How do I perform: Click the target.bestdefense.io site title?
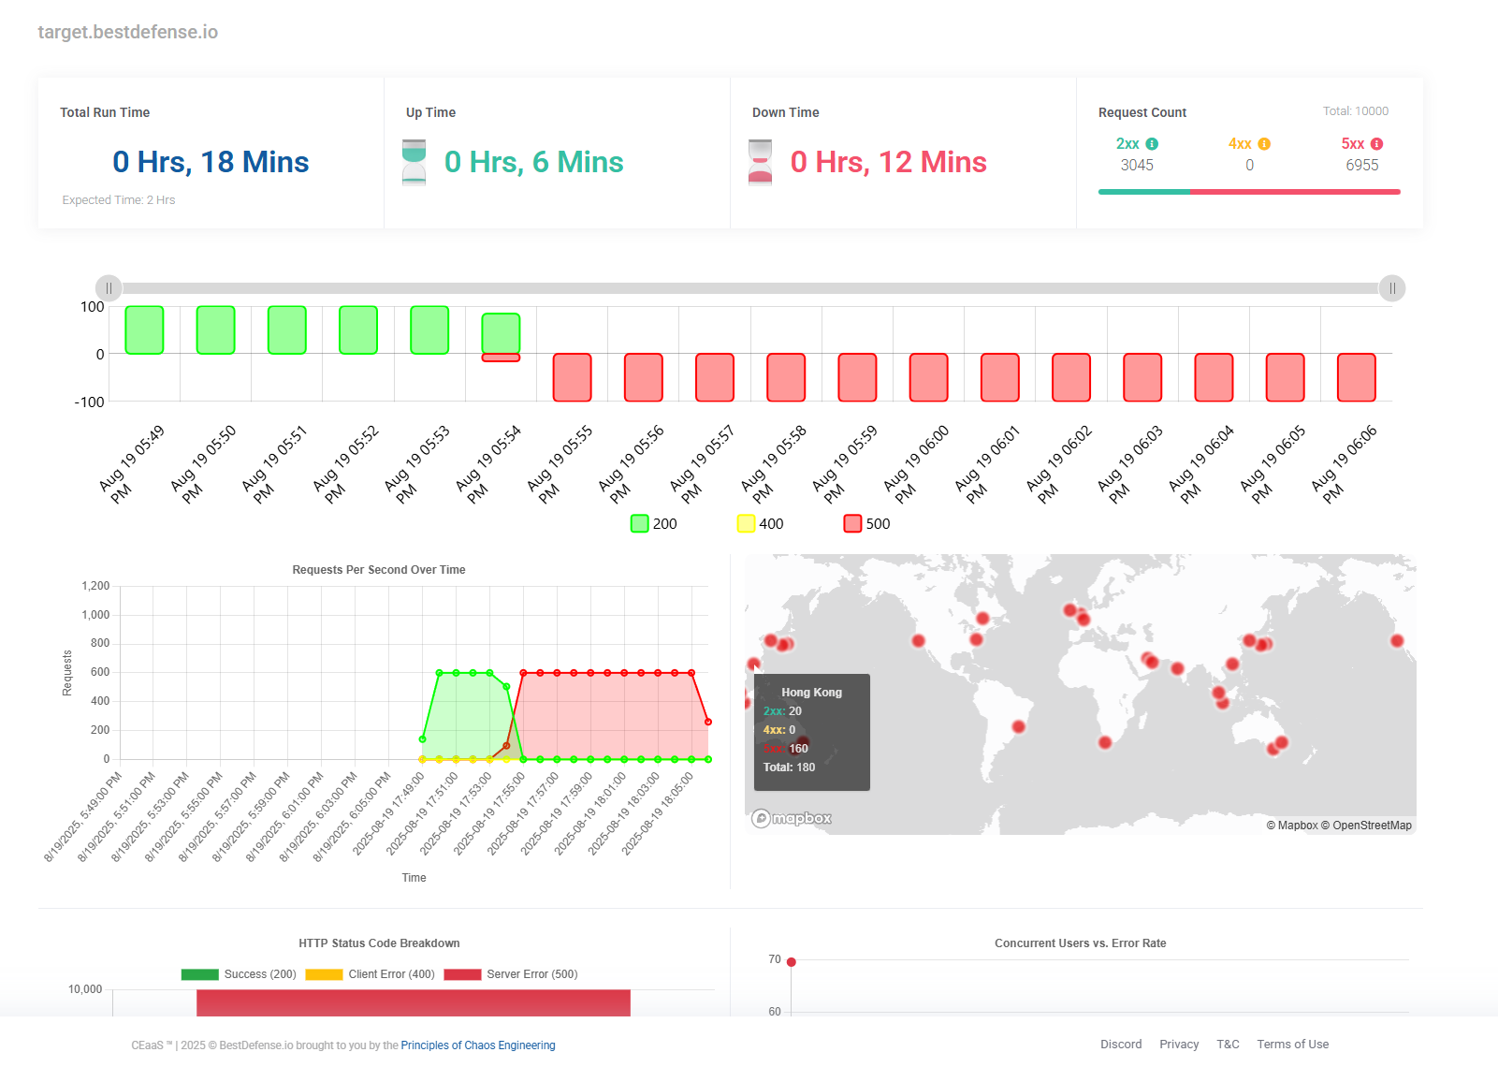[x=127, y=32]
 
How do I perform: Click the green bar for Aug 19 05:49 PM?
[x=144, y=330]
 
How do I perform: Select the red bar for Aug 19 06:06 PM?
[x=1356, y=377]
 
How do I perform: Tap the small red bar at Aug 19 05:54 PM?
[x=501, y=358]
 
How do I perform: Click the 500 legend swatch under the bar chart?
[x=852, y=523]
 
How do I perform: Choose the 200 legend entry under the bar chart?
[x=654, y=523]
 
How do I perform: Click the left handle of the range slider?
[x=109, y=288]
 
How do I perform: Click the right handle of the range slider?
[x=1392, y=288]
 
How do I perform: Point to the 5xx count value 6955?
[x=1361, y=165]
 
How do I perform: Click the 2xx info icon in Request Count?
[x=1152, y=144]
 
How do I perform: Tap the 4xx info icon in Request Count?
[x=1264, y=144]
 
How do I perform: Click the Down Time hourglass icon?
[x=761, y=162]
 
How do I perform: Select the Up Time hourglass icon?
[x=414, y=162]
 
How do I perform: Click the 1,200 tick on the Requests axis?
[x=95, y=586]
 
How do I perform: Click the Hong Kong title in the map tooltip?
[x=811, y=693]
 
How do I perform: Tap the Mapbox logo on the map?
[x=792, y=818]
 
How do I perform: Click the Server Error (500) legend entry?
[x=512, y=974]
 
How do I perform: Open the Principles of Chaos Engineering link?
[x=477, y=1045]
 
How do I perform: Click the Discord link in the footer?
[x=1121, y=1045]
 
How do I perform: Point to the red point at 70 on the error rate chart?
[x=792, y=962]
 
